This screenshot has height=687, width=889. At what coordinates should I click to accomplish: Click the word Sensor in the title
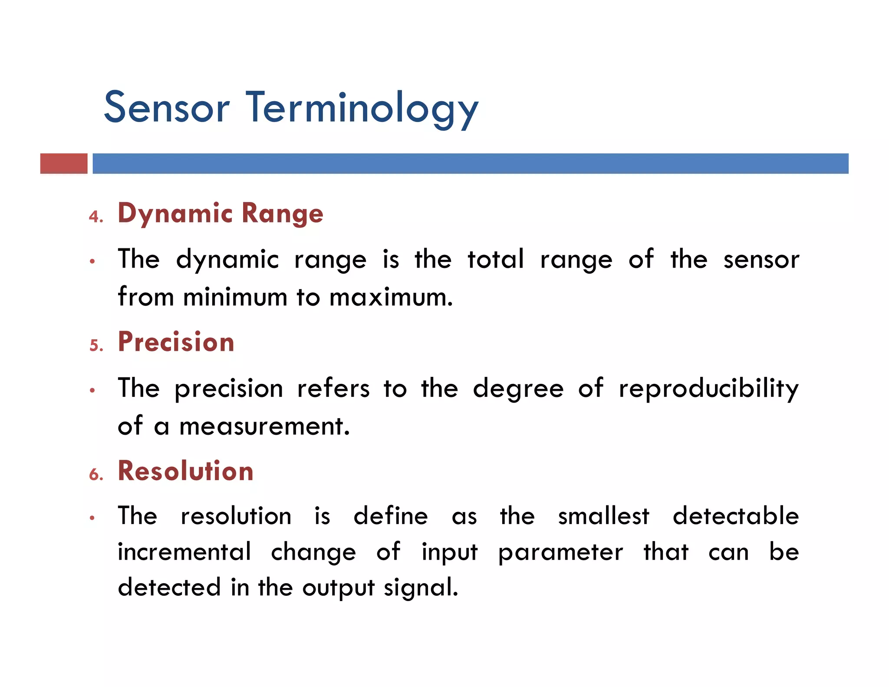(167, 108)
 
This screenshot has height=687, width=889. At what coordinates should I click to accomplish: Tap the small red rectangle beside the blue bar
(64, 164)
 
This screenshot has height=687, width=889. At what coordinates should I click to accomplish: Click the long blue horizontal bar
(470, 164)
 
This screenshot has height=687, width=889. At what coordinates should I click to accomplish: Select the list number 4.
(95, 216)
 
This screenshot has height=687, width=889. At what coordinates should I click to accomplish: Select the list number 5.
(96, 345)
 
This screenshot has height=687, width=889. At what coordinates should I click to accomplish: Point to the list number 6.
(96, 474)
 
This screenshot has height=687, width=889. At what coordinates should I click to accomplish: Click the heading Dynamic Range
(221, 214)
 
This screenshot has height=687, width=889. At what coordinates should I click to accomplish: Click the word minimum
(235, 298)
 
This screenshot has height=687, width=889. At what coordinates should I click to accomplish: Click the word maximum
(391, 298)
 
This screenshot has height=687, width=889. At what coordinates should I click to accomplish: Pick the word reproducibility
(708, 389)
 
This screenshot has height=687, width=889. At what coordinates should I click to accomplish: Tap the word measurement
(264, 426)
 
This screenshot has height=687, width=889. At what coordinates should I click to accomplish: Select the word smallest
(603, 516)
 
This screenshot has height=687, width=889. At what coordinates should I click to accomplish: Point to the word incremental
(184, 552)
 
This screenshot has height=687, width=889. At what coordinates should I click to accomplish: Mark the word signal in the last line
(421, 588)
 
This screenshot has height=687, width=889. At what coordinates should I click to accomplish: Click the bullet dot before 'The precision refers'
(92, 390)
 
